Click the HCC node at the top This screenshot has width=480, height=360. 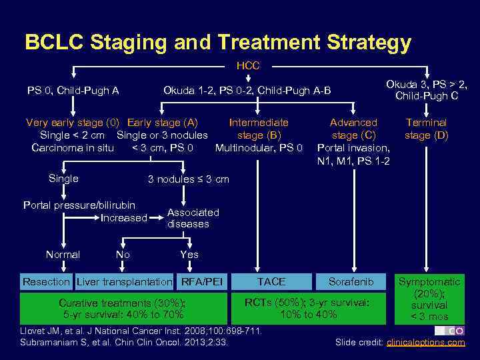[x=248, y=66]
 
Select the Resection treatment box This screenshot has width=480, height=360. [x=46, y=282]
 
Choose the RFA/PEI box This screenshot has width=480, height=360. [x=201, y=282]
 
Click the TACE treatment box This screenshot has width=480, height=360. [x=271, y=282]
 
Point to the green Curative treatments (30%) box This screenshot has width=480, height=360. [x=123, y=308]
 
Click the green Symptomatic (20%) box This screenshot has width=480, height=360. [x=429, y=299]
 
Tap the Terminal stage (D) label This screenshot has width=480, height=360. [x=427, y=129]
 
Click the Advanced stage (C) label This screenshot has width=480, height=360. [x=354, y=129]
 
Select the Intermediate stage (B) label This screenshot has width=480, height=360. [x=259, y=129]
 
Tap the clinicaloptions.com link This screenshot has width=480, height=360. [x=426, y=343]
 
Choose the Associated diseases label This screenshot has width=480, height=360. [x=193, y=218]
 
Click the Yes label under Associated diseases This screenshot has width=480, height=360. [x=189, y=255]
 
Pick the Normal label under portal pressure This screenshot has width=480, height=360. [x=63, y=255]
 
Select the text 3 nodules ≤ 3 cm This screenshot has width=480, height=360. [x=188, y=179]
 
